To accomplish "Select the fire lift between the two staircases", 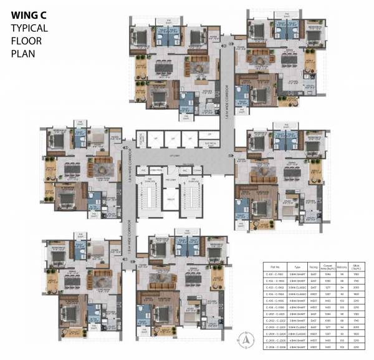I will pos(170,200).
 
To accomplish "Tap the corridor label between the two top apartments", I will pos(230,84).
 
